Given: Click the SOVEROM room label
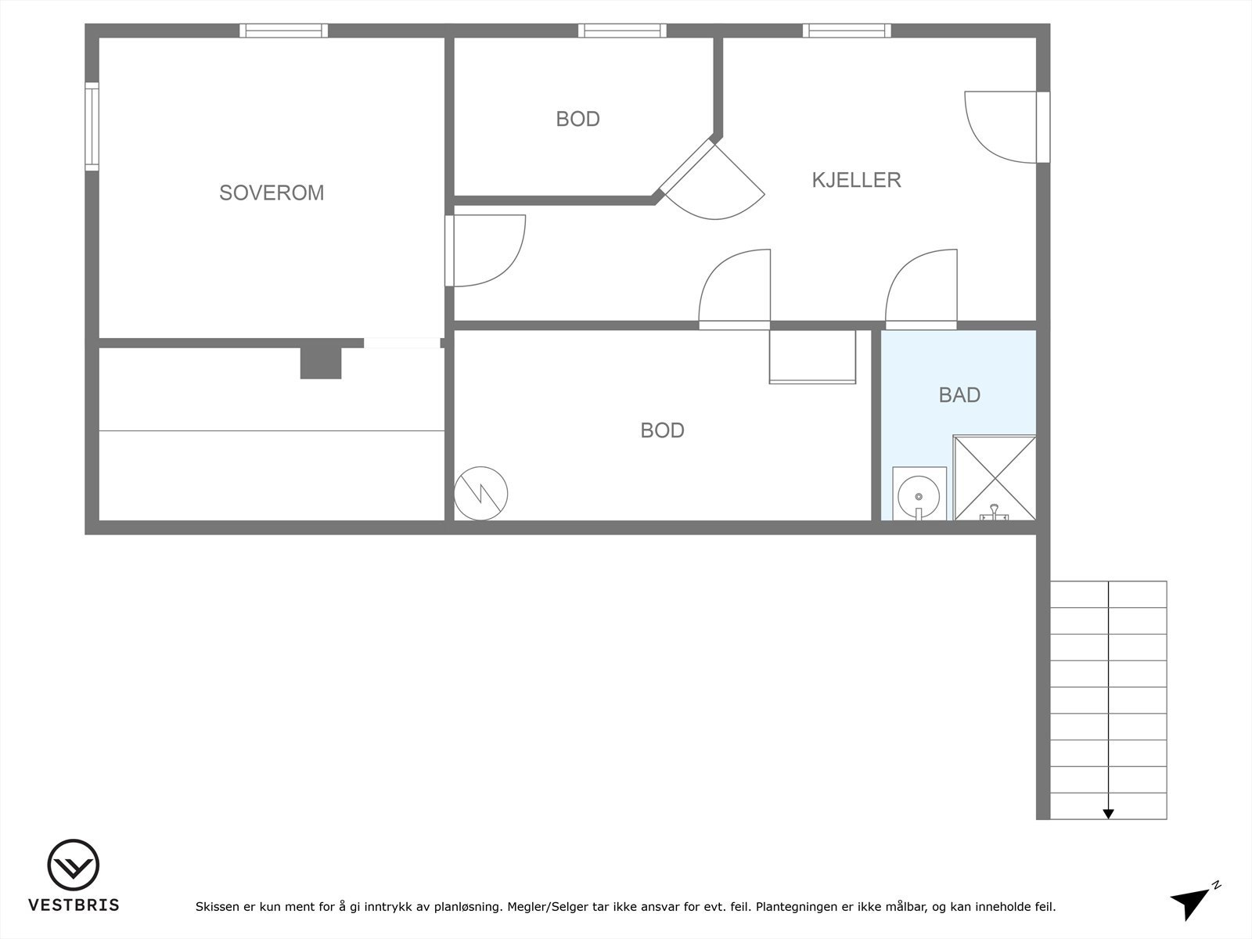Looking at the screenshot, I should click(272, 192).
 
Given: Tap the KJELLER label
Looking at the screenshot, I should click(856, 180).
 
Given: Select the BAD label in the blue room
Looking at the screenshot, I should click(959, 395).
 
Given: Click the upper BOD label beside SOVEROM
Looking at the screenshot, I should click(577, 119).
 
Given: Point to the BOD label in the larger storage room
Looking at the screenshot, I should click(662, 430).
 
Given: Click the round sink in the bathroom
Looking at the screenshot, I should click(919, 495).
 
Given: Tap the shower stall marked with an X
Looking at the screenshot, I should click(995, 477).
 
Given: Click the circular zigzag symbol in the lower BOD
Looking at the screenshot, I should click(481, 493).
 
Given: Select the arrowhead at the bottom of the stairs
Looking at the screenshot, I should click(1108, 814).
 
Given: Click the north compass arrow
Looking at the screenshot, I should click(1190, 902).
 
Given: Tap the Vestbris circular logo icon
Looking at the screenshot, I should click(74, 865).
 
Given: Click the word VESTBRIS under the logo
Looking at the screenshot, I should click(74, 905).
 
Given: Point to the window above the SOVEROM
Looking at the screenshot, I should click(283, 31).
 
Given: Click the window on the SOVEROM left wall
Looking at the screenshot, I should click(92, 126).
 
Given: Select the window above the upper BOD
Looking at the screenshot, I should click(622, 31).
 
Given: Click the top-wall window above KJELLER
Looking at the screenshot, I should click(847, 31).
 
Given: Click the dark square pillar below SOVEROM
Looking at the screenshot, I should click(321, 362).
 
